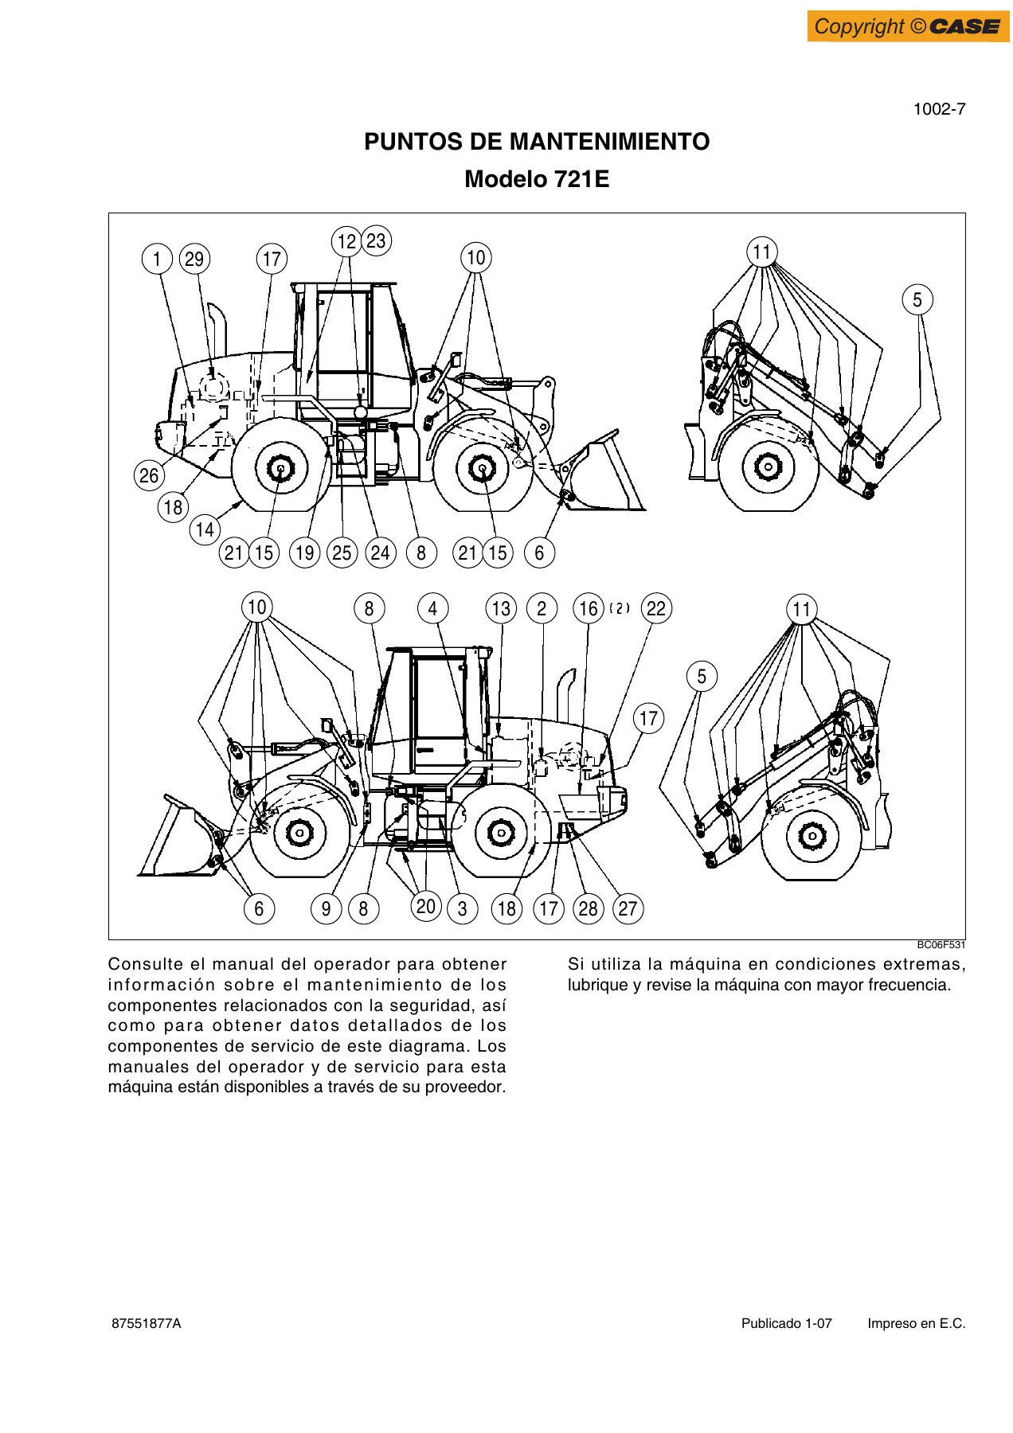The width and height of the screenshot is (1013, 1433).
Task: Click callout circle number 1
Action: tap(157, 259)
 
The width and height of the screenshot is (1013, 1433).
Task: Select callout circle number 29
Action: tap(194, 259)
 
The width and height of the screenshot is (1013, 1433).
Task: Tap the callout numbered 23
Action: tap(376, 240)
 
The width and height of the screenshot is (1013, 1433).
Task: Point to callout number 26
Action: tap(149, 475)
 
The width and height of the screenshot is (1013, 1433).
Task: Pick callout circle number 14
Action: tap(205, 529)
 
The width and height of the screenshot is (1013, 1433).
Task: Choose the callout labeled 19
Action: tap(304, 553)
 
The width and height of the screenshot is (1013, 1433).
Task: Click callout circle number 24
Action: tap(381, 553)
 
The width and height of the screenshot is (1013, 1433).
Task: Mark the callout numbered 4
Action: tap(432, 609)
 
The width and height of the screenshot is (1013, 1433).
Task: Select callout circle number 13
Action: tap(501, 609)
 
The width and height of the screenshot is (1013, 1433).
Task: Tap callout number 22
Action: tap(656, 609)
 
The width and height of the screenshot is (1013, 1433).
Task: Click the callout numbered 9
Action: tap(326, 908)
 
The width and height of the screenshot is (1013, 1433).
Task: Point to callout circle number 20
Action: tap(426, 906)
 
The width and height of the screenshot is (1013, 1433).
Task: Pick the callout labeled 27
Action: tap(628, 908)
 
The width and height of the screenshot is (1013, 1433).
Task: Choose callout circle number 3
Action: tap(463, 908)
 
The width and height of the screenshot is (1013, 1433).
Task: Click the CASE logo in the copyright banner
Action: tap(965, 26)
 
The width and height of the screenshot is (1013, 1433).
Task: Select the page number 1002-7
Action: tap(939, 109)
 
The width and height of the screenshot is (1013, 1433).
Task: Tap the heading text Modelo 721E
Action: tap(537, 179)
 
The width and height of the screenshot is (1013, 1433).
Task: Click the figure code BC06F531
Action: tap(941, 945)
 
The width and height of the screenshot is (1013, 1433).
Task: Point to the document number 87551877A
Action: tap(147, 1323)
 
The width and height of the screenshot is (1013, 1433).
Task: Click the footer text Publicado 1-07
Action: tap(787, 1323)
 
